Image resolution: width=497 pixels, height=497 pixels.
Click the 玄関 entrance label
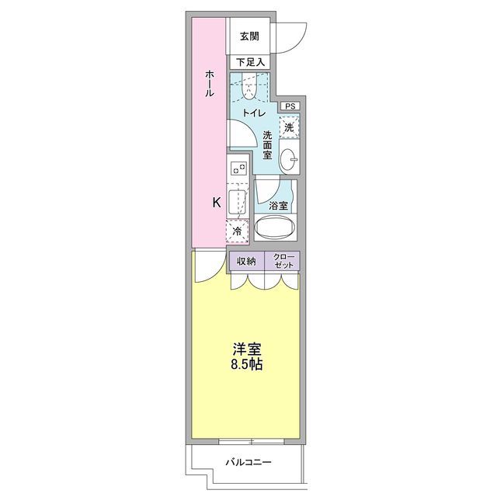(x=248, y=36)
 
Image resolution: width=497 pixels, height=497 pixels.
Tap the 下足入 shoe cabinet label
(x=250, y=61)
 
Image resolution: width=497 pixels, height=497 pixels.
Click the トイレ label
(x=254, y=113)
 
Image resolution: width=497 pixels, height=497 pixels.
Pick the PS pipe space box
(x=289, y=106)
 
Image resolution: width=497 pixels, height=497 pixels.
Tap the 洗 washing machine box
(x=289, y=127)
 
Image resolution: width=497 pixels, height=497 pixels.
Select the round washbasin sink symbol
(x=290, y=158)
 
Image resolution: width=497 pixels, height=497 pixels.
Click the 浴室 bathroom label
(x=278, y=206)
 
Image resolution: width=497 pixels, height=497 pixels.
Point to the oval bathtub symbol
(x=276, y=229)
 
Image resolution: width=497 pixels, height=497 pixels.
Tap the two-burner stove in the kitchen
(x=238, y=168)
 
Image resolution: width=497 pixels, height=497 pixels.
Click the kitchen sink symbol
(x=238, y=200)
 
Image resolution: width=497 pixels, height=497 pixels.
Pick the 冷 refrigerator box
(x=238, y=231)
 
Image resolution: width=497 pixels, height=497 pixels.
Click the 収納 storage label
(x=247, y=261)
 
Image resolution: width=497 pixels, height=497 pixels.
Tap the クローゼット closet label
(x=283, y=261)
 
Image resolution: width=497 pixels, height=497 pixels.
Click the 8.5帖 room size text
(x=245, y=363)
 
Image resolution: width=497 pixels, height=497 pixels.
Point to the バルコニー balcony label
(x=248, y=462)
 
